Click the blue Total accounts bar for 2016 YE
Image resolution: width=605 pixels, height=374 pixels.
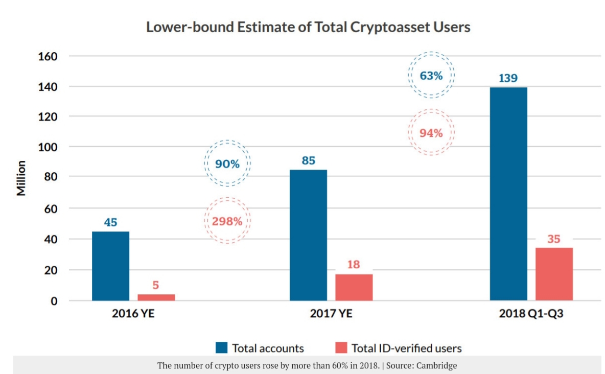point(110,266)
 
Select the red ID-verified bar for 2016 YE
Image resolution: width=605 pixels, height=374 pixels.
point(156,297)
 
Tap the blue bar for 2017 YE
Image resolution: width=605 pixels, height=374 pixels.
point(308,235)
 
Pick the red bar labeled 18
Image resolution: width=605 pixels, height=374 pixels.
point(354,287)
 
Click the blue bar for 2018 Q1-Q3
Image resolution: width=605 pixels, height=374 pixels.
point(508,194)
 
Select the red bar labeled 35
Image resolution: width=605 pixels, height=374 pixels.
point(554,274)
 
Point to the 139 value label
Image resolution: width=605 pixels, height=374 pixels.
point(508,78)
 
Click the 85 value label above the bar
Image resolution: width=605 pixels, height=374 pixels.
point(308,160)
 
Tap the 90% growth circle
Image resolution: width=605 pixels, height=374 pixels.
point(227,164)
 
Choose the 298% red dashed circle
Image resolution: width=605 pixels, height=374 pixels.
point(227,221)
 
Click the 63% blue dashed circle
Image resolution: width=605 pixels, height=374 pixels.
point(431,76)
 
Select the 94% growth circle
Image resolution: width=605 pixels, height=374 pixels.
point(431,133)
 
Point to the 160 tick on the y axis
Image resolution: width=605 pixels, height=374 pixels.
point(48,56)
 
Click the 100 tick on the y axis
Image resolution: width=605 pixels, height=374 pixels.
point(48,147)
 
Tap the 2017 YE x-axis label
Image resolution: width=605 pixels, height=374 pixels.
point(331,314)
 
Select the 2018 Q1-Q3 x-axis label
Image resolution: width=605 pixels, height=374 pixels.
point(531,314)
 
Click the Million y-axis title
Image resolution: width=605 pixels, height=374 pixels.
point(21,178)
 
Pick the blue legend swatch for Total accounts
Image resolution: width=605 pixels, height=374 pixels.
point(221,348)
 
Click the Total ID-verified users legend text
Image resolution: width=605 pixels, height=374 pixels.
point(406,348)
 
